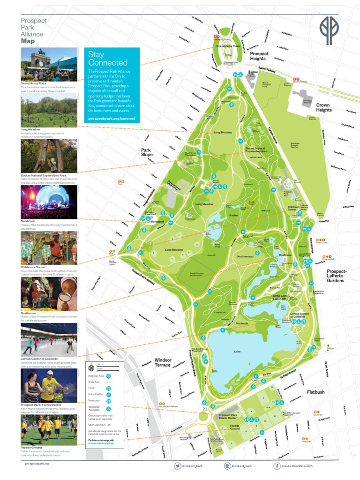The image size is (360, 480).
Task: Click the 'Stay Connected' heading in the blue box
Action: pos(108,59)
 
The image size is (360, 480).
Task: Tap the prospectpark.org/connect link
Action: pos(112,119)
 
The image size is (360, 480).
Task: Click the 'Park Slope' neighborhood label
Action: pos(147,152)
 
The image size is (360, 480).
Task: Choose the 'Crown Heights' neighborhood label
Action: pos(323,108)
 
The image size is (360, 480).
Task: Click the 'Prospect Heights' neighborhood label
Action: pos(258,56)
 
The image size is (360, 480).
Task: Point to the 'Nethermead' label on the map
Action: pos(246,256)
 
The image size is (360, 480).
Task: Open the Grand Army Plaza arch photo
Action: pos(49,64)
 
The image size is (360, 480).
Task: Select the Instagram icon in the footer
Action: pos(227,465)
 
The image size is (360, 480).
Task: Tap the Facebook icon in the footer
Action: pos(277,465)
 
